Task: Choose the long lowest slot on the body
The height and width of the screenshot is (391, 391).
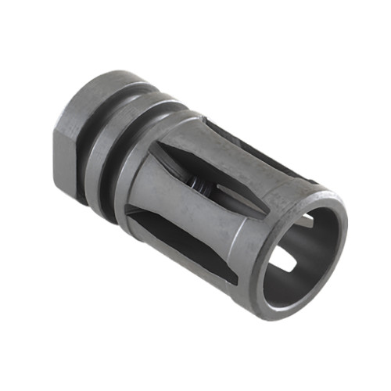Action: point(188,242)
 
